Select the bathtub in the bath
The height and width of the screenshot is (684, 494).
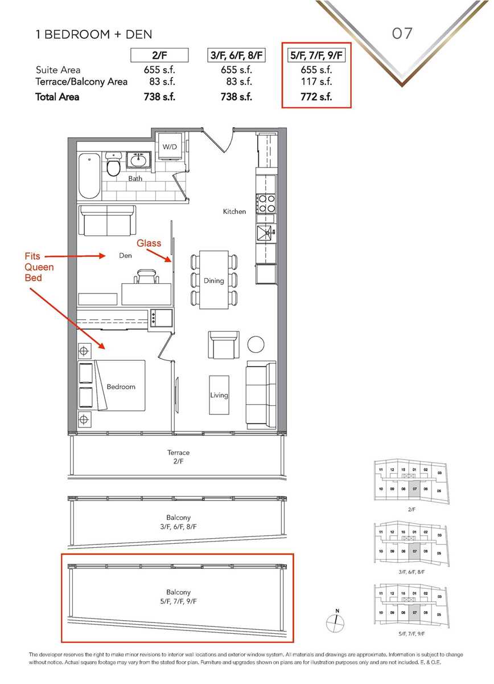point(88,174)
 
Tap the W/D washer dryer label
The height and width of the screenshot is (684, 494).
point(170,146)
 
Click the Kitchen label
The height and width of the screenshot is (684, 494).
point(234,211)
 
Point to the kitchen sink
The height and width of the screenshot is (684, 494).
point(265,232)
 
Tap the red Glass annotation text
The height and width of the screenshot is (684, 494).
point(149,243)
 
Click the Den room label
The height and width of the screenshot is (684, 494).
point(126,256)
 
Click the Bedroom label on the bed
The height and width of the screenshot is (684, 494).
point(121,386)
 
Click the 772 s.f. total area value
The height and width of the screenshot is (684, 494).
point(316,97)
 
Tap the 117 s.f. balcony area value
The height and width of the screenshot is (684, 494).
point(316,82)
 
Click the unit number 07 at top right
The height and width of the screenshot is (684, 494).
point(402,34)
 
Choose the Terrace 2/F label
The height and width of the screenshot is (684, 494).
point(179,457)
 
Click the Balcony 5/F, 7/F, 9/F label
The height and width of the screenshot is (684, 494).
point(179,597)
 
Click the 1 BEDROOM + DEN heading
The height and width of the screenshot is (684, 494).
point(94,35)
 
